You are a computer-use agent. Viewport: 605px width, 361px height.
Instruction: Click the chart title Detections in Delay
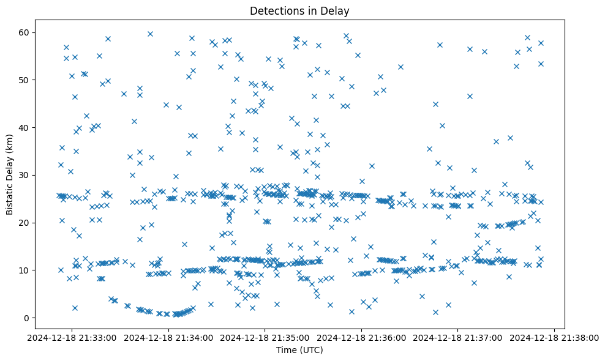coord(300,11)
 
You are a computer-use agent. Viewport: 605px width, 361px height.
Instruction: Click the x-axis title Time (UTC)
coord(300,350)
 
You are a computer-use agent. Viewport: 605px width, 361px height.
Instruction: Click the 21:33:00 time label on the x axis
coord(73,337)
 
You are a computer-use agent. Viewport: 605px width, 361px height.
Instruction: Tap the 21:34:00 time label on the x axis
coord(169,337)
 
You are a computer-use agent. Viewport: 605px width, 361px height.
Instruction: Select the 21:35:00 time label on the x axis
coord(265,337)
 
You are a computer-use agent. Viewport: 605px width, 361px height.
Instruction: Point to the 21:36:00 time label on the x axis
coord(361,337)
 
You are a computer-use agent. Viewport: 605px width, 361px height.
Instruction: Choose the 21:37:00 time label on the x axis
coord(457,337)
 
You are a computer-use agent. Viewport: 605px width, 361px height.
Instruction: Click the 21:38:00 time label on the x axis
coord(554,337)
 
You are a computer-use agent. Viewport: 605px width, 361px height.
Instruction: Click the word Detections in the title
coord(276,11)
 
